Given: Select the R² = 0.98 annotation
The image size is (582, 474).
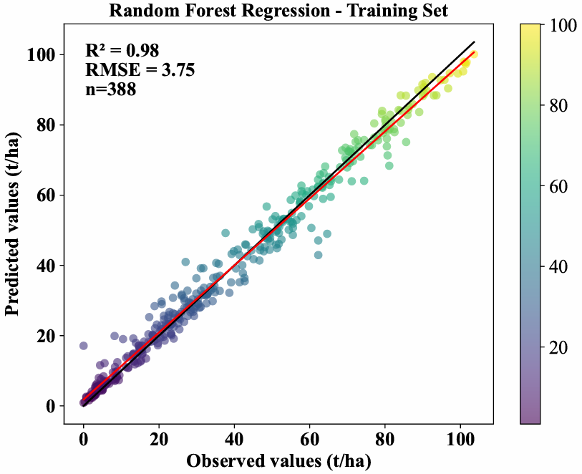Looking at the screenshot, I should pos(122,50).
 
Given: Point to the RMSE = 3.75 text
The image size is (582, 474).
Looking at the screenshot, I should pos(139,69).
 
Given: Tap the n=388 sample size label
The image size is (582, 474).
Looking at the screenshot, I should pos(111,89).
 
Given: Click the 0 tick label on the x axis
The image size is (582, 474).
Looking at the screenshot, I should pos(83,437).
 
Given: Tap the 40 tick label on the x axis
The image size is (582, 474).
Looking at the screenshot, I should pos(234,437).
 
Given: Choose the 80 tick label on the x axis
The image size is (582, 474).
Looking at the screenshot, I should pos(385,437).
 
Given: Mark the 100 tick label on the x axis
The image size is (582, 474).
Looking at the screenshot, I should pos(460,437).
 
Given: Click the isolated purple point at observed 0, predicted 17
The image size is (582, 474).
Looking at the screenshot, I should pos(83,346).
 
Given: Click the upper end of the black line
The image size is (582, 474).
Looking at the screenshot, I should pos(474,42).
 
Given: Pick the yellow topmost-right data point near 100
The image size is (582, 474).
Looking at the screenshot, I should pos(474,54).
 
